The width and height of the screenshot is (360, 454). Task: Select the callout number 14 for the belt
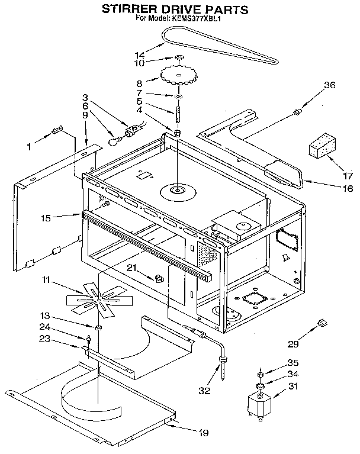coord(140,54)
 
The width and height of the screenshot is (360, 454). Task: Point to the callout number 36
coord(329,85)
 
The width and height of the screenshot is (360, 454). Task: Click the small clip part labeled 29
coord(323,322)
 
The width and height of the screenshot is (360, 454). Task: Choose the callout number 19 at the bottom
coord(203,433)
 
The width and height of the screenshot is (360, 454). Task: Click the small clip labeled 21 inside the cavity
coord(158,276)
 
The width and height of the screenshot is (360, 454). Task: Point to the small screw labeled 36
coord(298,110)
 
